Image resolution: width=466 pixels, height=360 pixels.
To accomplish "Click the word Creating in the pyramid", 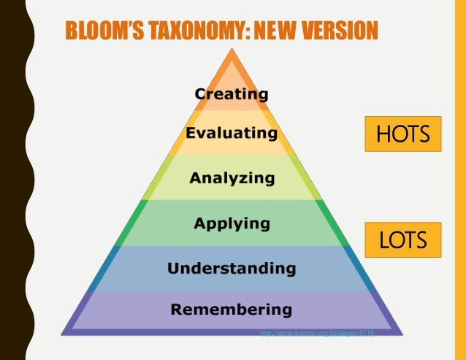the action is pyautogui.click(x=232, y=94).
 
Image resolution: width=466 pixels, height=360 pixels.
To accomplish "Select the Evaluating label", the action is pyautogui.click(x=231, y=134).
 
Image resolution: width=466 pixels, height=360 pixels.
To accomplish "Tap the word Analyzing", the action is pyautogui.click(x=232, y=177).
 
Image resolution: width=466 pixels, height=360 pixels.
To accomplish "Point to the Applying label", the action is pyautogui.click(x=232, y=223).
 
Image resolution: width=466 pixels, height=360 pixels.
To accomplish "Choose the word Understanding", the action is pyautogui.click(x=232, y=268).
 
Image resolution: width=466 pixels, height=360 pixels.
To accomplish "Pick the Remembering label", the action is pyautogui.click(x=232, y=309).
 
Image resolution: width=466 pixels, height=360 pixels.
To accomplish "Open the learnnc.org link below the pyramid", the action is pyautogui.click(x=317, y=333).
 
